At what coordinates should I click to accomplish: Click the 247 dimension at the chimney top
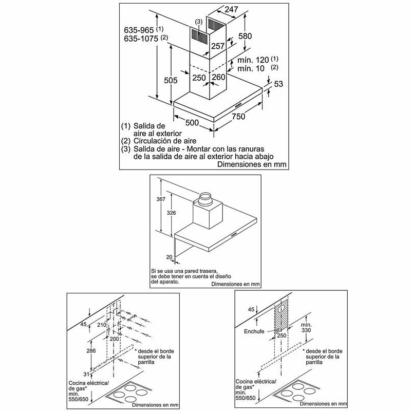click(231, 9)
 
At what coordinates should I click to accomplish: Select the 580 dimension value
click(245, 36)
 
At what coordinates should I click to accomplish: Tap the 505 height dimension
click(171, 80)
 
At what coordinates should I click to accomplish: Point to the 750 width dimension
click(238, 116)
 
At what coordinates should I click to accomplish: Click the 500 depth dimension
click(192, 122)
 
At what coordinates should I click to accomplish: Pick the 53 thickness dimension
click(278, 84)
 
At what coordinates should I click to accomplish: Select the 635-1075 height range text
click(141, 39)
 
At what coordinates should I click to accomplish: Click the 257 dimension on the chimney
click(218, 46)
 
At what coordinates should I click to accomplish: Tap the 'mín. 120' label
click(250, 60)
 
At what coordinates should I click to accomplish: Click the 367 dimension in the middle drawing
click(161, 199)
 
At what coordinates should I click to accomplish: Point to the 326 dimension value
click(171, 213)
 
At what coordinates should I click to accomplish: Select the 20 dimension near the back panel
click(170, 257)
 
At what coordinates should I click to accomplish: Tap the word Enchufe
click(254, 331)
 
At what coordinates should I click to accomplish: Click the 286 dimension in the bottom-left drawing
click(91, 351)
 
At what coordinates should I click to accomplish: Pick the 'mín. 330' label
click(306, 327)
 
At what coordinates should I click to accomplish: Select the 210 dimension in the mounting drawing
click(102, 325)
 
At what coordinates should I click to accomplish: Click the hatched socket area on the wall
click(281, 316)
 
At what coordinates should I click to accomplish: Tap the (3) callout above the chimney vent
click(199, 22)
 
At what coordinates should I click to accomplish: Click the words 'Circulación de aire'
click(165, 141)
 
